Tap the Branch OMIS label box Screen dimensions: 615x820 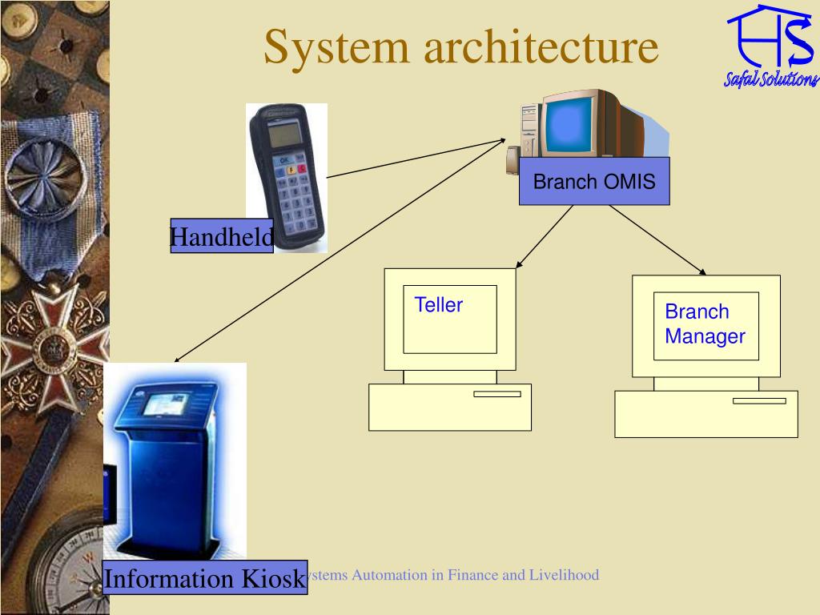point(594,182)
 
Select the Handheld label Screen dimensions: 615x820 point(222,236)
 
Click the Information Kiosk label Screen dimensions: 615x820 point(205,578)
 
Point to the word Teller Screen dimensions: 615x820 point(439,305)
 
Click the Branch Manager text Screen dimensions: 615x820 point(705,324)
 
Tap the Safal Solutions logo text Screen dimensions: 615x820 point(771,78)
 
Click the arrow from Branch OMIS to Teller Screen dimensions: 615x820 point(545,236)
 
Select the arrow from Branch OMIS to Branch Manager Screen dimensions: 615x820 point(657,240)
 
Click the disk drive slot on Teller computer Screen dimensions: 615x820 point(496,394)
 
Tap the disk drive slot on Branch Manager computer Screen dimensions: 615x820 point(758,400)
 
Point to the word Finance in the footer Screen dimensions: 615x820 point(472,575)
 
